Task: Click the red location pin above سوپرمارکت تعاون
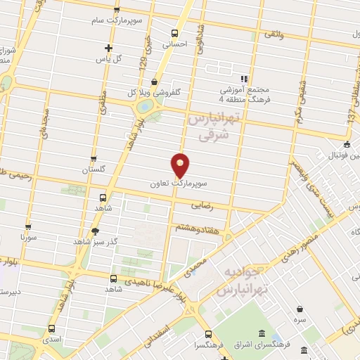pyautogui.click(x=181, y=164)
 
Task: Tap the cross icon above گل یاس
pyautogui.click(x=108, y=48)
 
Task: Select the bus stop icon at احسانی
pyautogui.click(x=174, y=32)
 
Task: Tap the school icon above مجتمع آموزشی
pyautogui.click(x=244, y=79)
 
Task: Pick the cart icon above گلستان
pyautogui.click(x=94, y=159)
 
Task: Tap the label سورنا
pyautogui.click(x=28, y=238)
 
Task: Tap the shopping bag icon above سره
pyautogui.click(x=300, y=309)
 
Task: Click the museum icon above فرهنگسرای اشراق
pyautogui.click(x=262, y=333)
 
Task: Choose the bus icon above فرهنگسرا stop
pyautogui.click(x=208, y=334)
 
